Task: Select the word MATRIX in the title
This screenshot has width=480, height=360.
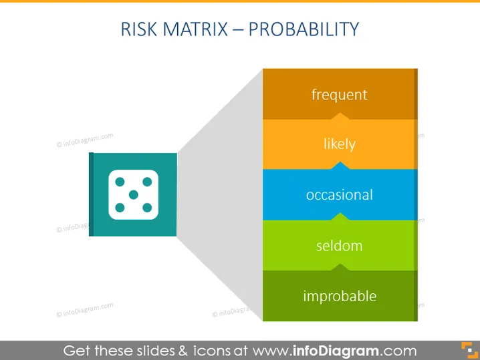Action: pos(195,29)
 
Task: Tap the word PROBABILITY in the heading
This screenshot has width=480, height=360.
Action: pos(304,29)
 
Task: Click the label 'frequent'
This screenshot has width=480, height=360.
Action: pos(340,95)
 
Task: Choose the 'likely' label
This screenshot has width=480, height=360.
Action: pos(340,144)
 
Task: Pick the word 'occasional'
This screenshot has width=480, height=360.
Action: pos(340,195)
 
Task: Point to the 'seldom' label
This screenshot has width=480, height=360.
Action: pos(340,246)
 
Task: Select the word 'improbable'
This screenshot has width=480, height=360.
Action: pos(340,296)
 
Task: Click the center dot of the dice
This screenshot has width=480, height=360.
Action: pos(134,194)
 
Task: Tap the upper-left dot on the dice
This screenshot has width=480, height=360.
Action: pos(120,182)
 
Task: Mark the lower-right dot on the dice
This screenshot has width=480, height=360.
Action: pos(147,208)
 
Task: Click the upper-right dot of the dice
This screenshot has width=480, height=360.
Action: pos(147,182)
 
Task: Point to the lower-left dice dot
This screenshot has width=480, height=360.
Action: pos(120,208)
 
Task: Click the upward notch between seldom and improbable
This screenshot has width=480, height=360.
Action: pos(340,268)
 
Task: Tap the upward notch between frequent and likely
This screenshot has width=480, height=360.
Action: pos(340,116)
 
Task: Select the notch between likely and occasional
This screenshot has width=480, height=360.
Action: pos(340,166)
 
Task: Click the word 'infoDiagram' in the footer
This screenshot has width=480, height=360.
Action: pos(335,351)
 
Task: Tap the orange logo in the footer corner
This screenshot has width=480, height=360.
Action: pos(469,350)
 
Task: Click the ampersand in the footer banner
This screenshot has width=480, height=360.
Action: pos(183,351)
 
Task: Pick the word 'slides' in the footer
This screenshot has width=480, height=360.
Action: pos(156,351)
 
